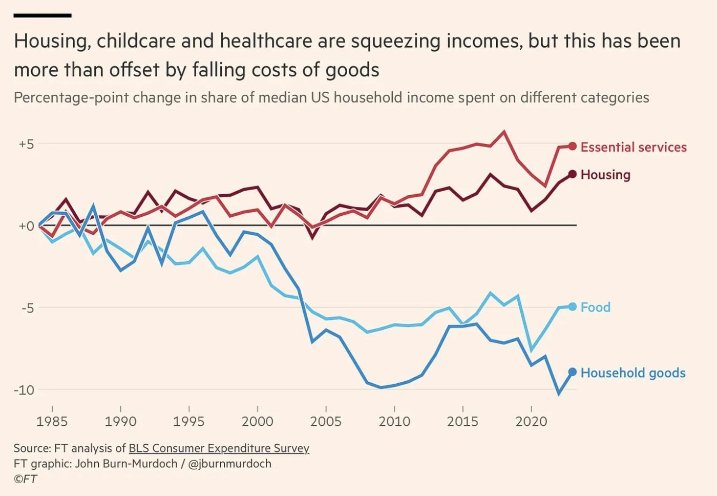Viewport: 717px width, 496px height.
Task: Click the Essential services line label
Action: click(634, 147)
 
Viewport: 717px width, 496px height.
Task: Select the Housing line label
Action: click(605, 175)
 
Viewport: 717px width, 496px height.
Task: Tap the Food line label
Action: click(596, 307)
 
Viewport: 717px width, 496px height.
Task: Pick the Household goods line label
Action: click(633, 373)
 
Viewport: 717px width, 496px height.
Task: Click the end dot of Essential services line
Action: click(573, 147)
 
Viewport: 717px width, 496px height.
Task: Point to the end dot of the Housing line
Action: click(573, 174)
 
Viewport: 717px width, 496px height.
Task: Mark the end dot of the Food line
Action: click(573, 306)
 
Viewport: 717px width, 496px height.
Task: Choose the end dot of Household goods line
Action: click(573, 372)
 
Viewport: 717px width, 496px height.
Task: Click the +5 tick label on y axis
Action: click(26, 144)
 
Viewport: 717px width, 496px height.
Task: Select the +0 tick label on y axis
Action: click(26, 226)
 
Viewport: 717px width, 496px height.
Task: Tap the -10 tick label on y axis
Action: click(24, 390)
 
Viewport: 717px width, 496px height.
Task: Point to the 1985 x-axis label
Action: click(52, 422)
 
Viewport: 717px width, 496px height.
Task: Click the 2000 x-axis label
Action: click(257, 422)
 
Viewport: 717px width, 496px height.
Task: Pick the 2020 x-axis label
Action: click(531, 422)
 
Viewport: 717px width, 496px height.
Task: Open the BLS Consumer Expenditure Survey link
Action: click(219, 448)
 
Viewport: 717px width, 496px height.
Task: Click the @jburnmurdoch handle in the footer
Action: click(229, 464)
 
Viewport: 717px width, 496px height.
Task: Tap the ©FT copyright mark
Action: click(25, 479)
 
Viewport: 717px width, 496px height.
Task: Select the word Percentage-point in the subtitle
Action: click(71, 97)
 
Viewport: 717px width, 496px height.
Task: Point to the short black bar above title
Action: click(43, 15)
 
